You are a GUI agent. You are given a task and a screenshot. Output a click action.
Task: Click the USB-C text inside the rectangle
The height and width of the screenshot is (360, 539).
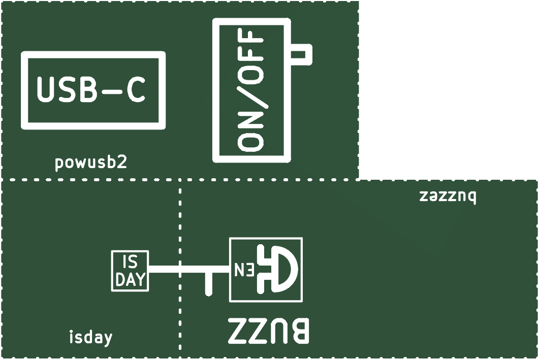91,89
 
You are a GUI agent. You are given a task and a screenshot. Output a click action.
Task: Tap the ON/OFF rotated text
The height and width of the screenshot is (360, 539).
251,90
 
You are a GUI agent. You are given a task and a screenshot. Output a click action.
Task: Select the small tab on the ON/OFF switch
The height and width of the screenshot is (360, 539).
301,54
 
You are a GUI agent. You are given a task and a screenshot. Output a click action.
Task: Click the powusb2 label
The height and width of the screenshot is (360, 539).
91,162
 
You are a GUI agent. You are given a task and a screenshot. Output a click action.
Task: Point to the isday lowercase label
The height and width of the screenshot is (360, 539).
91,337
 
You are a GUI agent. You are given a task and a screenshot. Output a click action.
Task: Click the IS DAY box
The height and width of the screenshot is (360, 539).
130,271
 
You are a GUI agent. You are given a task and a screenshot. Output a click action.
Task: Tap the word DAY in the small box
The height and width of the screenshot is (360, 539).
130,280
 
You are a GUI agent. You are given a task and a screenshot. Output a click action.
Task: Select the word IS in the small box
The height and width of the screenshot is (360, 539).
130,263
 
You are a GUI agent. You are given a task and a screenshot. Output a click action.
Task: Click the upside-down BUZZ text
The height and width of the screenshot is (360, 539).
269,331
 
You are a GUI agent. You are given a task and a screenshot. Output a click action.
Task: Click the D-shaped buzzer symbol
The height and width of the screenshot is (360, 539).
278,269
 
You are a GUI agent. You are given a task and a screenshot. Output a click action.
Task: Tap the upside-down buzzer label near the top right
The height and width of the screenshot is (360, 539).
448,197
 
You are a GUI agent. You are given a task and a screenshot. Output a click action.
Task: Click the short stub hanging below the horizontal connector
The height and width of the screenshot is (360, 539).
208,283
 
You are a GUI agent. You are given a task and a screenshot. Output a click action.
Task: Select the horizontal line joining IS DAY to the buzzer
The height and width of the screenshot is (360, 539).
189,269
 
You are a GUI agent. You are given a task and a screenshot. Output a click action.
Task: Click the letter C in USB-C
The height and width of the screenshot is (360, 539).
136,90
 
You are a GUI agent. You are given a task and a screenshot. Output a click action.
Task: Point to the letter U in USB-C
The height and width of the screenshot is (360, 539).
45,90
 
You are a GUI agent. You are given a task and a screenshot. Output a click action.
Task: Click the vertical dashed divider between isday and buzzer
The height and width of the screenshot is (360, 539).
180,269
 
